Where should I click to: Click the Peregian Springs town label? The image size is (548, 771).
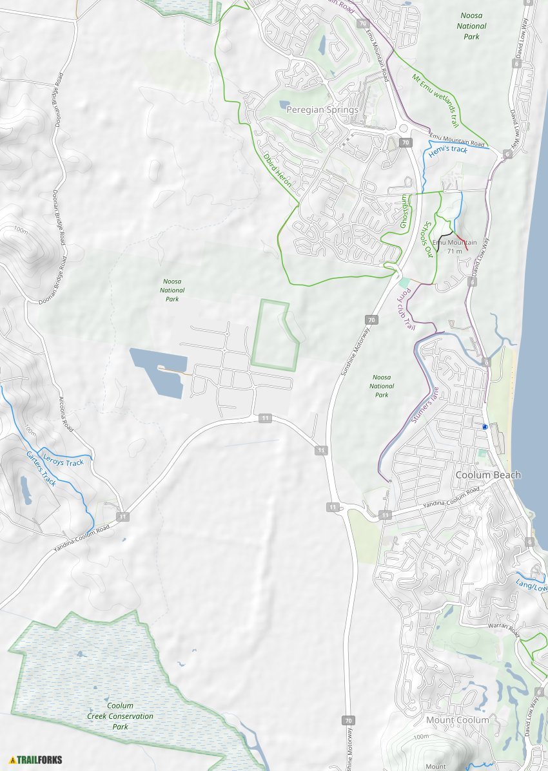coord(322,110)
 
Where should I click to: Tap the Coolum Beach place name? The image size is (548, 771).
coord(488,475)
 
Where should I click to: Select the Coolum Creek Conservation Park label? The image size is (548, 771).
coord(121,716)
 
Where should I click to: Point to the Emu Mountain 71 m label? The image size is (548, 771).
coord(455,246)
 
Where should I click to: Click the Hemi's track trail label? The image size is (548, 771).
coord(447,149)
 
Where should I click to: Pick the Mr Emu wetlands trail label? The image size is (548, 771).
coord(435,100)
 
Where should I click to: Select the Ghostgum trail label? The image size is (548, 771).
coord(405,212)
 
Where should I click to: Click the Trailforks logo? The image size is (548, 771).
coord(36,760)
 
